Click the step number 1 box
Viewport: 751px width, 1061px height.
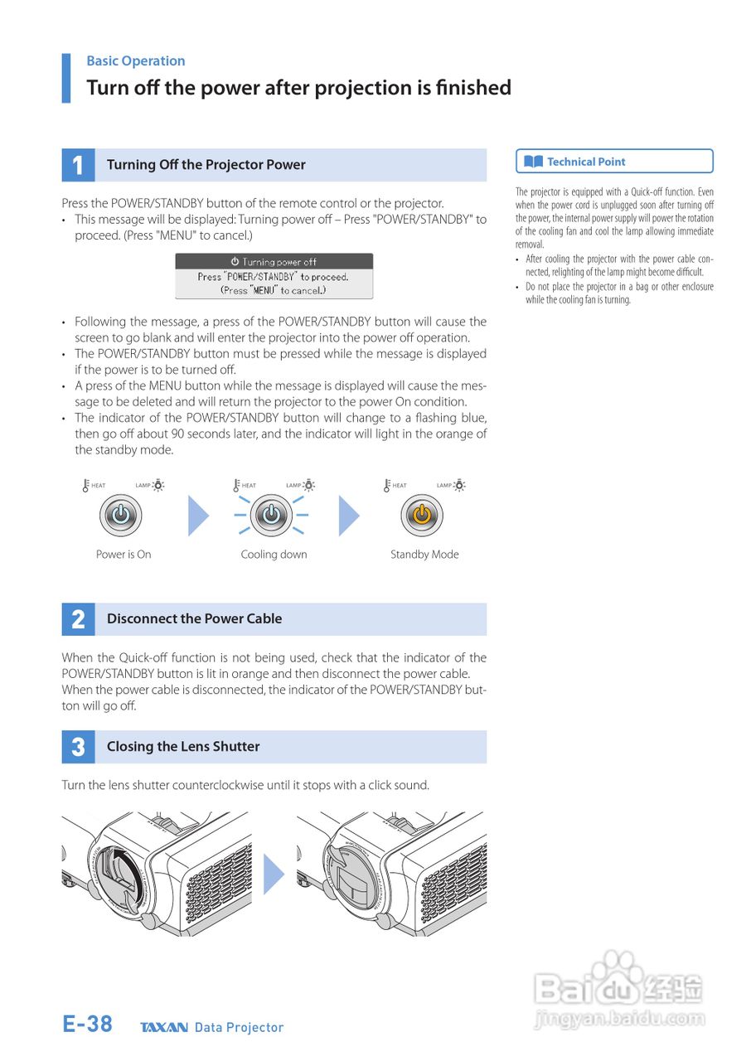(x=78, y=165)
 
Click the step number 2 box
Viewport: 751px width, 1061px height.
(x=78, y=619)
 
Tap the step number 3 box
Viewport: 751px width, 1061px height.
(x=78, y=747)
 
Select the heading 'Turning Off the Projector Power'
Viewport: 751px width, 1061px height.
(x=206, y=165)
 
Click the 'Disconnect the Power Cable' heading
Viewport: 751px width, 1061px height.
(x=194, y=619)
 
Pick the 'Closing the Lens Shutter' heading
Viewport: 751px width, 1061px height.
(x=183, y=747)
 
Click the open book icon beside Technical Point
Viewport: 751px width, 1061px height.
(x=534, y=162)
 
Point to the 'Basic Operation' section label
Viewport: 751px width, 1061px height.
(x=136, y=61)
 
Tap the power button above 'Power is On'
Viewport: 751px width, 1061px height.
(x=121, y=516)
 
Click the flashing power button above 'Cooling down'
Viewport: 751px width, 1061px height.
(x=271, y=516)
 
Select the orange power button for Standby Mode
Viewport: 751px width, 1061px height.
(x=422, y=516)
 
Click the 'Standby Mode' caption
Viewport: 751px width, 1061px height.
(x=424, y=555)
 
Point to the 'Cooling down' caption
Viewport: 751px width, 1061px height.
(x=274, y=555)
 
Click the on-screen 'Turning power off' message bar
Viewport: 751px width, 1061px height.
(x=274, y=262)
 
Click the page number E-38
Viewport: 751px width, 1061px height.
(x=88, y=1025)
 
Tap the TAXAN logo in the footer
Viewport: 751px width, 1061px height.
(x=164, y=1028)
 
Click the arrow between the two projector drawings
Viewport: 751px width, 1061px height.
(x=274, y=874)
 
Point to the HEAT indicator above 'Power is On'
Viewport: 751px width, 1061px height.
(x=94, y=485)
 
